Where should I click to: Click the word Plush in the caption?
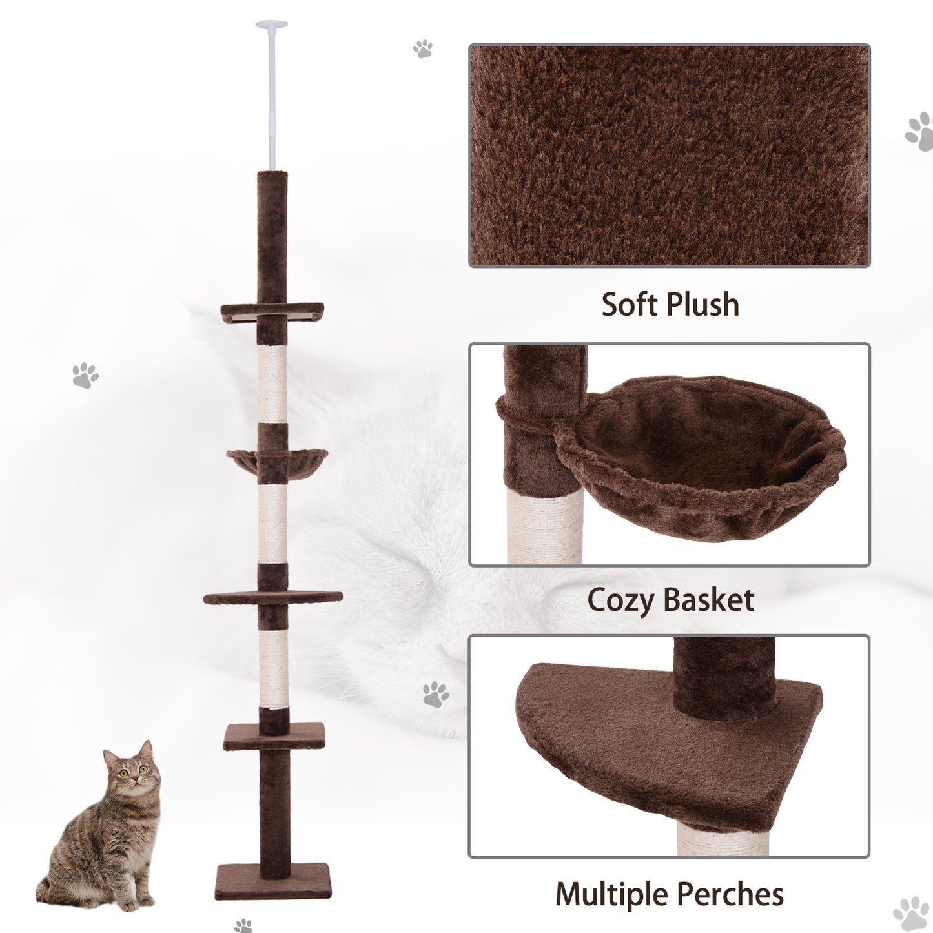click(x=702, y=305)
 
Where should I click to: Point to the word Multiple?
click(x=613, y=894)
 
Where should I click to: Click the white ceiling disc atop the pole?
click(x=272, y=25)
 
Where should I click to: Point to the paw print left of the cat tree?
click(x=85, y=375)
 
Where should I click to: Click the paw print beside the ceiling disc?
click(x=423, y=48)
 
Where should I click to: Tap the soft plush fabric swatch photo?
click(x=669, y=156)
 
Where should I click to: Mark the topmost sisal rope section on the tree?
click(x=272, y=384)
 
